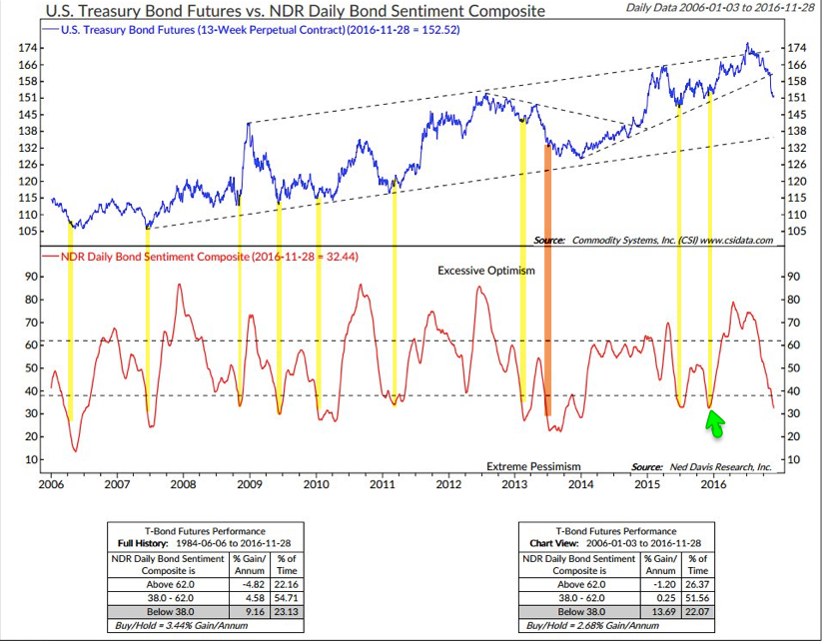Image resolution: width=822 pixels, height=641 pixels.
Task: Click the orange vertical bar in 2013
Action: [547, 280]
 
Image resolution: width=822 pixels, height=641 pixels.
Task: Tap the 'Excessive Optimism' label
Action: [486, 271]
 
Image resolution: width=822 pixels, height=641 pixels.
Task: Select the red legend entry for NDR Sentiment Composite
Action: [200, 257]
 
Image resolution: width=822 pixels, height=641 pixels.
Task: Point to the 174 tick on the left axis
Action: [30, 48]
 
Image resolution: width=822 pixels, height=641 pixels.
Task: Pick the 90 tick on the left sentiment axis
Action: [32, 277]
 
